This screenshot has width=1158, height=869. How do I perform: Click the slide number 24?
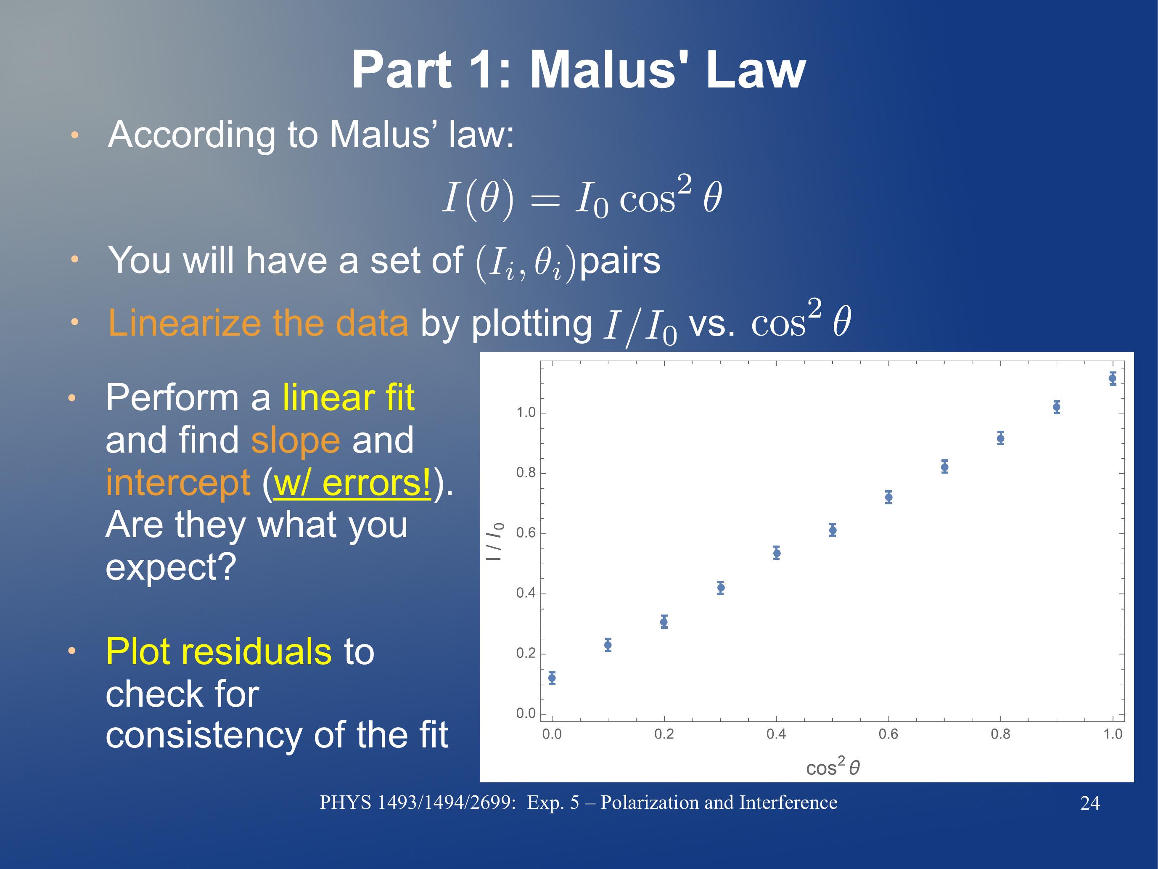1090,803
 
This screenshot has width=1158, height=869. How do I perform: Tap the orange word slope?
296,440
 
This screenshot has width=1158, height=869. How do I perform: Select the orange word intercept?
178,482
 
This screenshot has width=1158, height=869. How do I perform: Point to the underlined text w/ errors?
352,482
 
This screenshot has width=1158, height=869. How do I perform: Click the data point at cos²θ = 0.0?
552,678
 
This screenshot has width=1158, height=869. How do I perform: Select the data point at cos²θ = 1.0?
1113,378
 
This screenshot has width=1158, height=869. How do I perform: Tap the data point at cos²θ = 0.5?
833,530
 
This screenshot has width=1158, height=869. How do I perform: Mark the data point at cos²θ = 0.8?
1000,438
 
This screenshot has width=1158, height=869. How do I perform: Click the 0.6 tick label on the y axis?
526,533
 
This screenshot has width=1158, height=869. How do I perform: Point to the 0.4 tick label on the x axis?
776,734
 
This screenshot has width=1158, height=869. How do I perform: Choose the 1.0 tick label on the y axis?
526,413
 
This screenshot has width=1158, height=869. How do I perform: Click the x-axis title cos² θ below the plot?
833,766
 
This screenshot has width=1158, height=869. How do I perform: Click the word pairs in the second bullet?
620,261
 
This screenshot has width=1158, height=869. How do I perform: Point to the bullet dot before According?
75,135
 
